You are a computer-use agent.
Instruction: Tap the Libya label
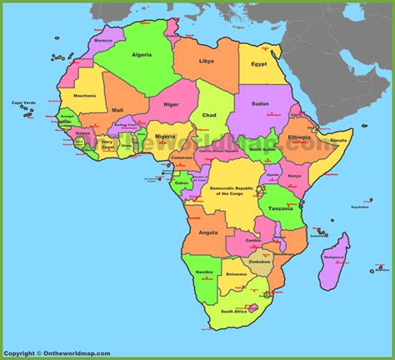206,61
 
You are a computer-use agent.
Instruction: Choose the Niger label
171,104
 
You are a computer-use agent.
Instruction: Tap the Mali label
118,109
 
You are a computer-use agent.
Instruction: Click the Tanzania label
278,208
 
